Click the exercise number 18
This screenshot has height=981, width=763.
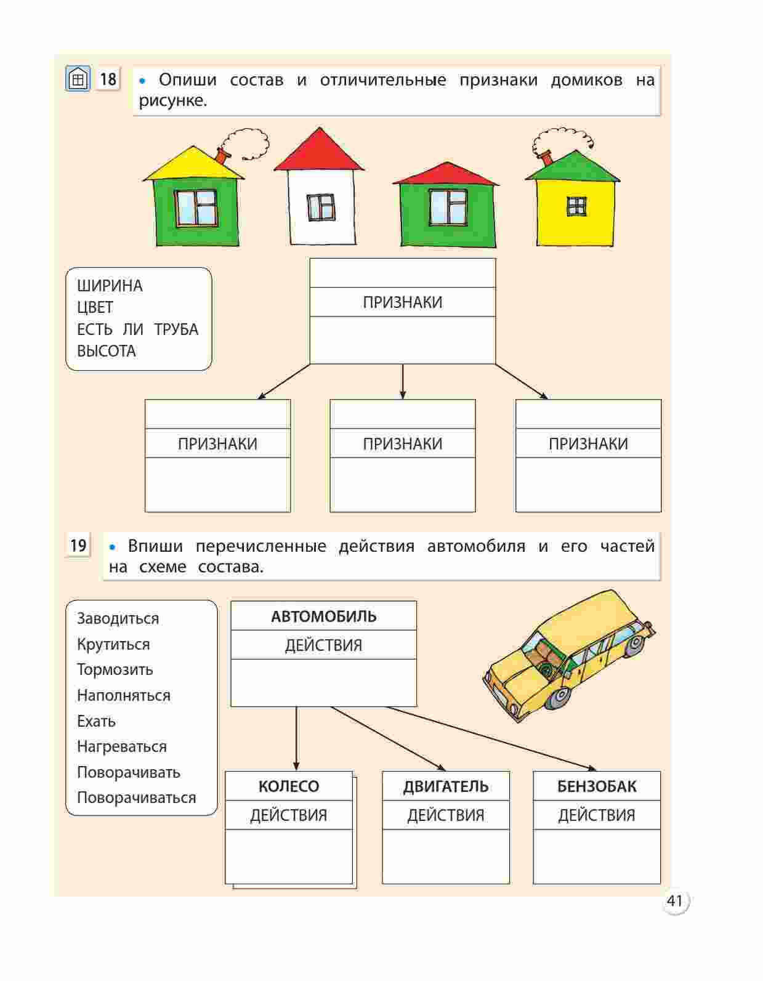(x=108, y=79)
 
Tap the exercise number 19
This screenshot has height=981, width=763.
(x=78, y=545)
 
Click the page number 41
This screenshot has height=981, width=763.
(x=674, y=901)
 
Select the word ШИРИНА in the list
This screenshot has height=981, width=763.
(x=110, y=286)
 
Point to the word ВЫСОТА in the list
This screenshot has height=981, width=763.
(x=107, y=351)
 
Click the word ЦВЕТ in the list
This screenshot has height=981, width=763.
(x=95, y=307)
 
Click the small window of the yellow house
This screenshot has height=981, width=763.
(x=576, y=206)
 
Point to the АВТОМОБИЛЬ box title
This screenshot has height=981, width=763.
(x=323, y=616)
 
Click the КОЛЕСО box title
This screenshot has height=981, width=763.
(x=288, y=786)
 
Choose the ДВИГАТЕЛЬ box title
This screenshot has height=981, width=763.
(x=446, y=786)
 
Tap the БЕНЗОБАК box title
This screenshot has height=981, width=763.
(x=596, y=786)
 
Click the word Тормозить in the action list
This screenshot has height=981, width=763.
(x=115, y=669)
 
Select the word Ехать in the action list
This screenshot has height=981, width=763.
(x=96, y=721)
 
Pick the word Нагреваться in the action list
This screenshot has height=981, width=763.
(x=121, y=746)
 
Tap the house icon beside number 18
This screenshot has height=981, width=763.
(x=78, y=79)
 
